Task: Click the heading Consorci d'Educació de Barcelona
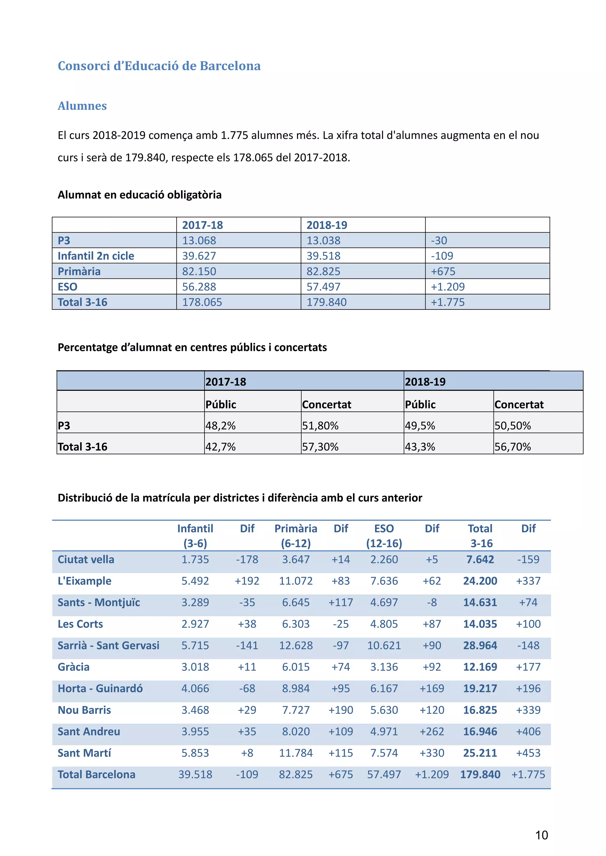click(x=159, y=66)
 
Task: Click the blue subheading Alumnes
click(x=82, y=106)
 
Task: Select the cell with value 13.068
click(x=199, y=241)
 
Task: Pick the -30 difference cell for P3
click(x=439, y=241)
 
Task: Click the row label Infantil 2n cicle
click(x=96, y=256)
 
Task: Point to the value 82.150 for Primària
click(x=199, y=271)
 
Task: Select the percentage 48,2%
click(x=220, y=425)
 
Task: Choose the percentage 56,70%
click(x=512, y=447)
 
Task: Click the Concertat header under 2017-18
click(x=326, y=405)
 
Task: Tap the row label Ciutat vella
click(x=86, y=559)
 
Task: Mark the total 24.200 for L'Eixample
click(x=480, y=581)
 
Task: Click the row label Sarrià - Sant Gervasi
click(x=108, y=645)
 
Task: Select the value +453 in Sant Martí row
click(x=528, y=753)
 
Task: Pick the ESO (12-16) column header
click(x=384, y=536)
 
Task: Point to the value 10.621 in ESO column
click(x=384, y=645)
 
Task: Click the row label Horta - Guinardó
click(x=100, y=688)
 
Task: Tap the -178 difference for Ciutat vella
click(x=247, y=559)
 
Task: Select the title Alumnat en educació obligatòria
click(x=140, y=194)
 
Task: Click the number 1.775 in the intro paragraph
click(x=234, y=135)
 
